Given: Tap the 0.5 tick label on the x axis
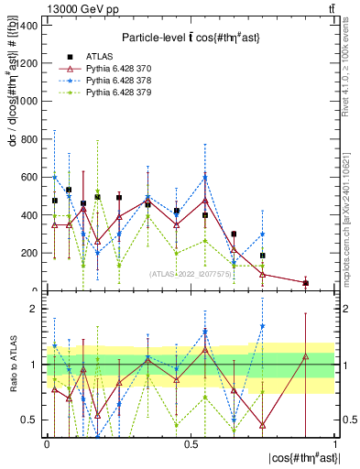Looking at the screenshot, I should (191, 443).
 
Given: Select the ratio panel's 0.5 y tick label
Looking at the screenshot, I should (30, 420).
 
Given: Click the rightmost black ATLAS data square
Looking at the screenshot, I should (306, 283).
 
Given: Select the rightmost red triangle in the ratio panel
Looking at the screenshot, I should (306, 356).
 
